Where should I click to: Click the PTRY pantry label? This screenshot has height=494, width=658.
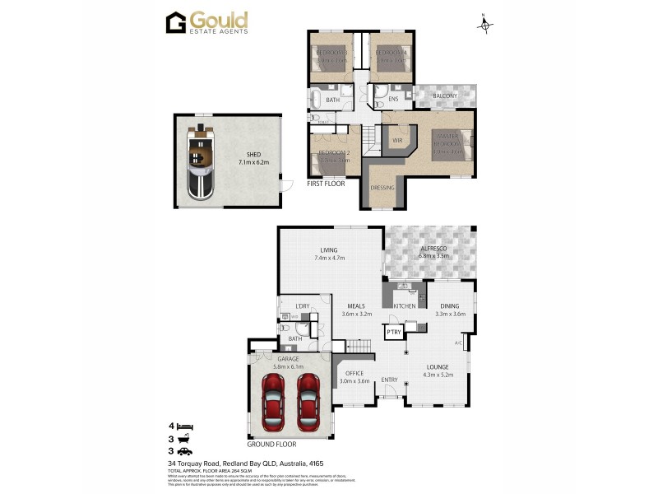click(x=393, y=333)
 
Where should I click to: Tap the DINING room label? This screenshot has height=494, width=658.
click(x=450, y=305)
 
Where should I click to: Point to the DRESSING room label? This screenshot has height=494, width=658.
click(x=382, y=188)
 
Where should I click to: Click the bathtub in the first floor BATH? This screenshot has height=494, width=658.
click(x=317, y=100)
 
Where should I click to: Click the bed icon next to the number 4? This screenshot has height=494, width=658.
click(x=186, y=426)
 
